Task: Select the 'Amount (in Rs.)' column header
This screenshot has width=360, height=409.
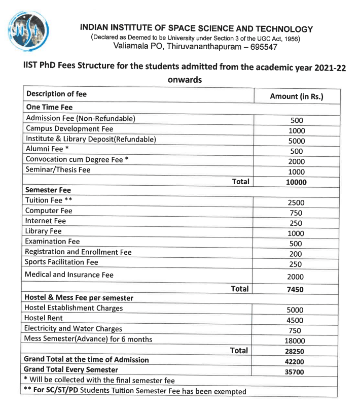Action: [x=297, y=96]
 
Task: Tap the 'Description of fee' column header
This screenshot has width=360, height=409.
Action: [x=56, y=94]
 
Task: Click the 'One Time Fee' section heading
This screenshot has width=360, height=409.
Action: [x=49, y=107]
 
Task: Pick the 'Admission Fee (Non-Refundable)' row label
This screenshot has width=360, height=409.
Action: [x=81, y=118]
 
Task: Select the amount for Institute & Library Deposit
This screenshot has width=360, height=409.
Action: [x=297, y=141]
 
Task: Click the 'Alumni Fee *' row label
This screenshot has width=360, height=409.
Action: [x=47, y=149]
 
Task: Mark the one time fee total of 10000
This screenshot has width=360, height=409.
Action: [x=297, y=182]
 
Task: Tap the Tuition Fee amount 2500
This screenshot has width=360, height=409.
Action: [x=296, y=202]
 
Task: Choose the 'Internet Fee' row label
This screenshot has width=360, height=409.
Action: [x=46, y=221]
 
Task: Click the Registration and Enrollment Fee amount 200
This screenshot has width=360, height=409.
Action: [x=296, y=254]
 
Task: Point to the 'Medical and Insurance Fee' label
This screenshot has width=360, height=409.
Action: [x=69, y=275]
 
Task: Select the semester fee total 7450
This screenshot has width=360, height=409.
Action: [x=296, y=290]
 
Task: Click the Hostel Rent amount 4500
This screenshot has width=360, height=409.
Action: [x=296, y=320]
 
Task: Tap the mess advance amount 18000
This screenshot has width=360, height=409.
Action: [x=296, y=341]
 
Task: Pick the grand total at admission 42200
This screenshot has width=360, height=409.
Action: [x=296, y=361]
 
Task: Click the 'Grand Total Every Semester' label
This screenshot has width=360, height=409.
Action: [x=71, y=369]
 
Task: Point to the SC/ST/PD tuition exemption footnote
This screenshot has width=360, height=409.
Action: [x=134, y=391]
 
